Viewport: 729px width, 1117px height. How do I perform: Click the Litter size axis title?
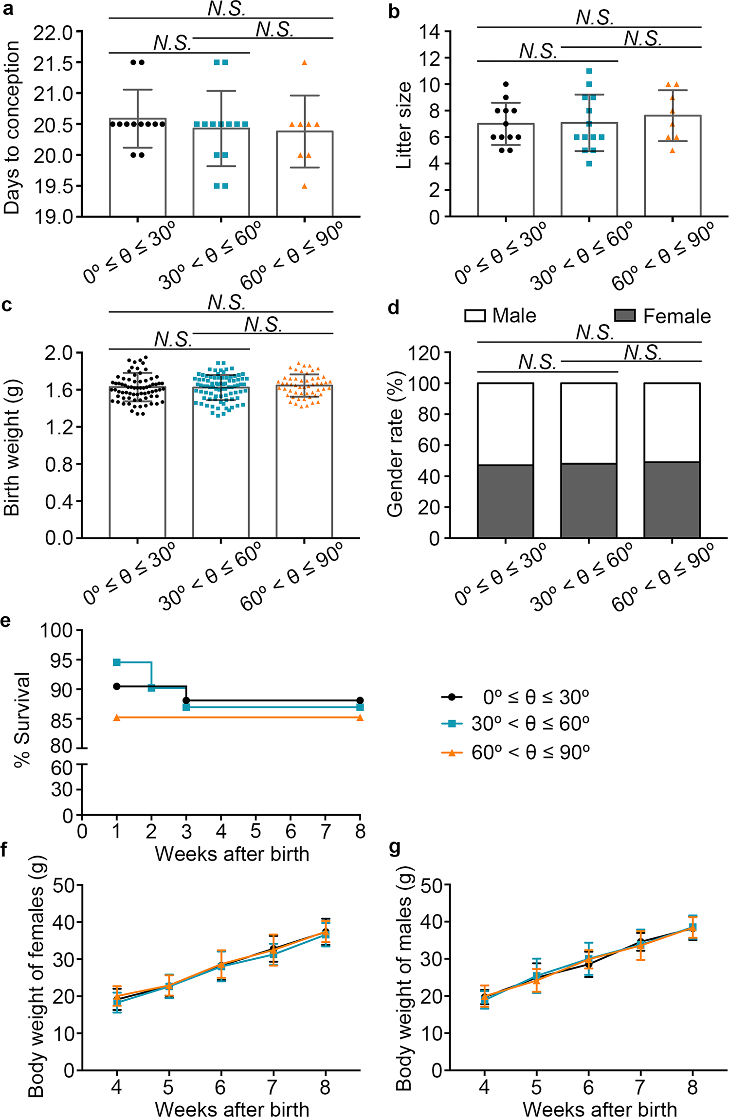(404, 126)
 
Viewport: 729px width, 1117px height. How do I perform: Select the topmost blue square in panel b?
(589, 72)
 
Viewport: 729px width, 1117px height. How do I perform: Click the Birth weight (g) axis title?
(12, 445)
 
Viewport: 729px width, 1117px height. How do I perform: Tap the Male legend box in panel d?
(475, 316)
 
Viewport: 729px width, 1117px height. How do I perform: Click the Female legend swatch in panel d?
(625, 316)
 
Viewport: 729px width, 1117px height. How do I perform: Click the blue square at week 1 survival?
(117, 662)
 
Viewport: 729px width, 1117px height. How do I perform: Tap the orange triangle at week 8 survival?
(360, 717)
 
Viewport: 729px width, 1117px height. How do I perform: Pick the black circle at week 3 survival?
(186, 700)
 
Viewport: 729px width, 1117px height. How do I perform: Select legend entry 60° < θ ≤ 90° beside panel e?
(530, 752)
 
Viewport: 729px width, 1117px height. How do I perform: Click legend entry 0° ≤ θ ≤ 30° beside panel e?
(535, 697)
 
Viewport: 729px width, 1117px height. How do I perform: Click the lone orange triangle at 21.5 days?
(304, 63)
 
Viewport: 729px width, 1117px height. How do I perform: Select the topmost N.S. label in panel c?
(226, 302)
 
